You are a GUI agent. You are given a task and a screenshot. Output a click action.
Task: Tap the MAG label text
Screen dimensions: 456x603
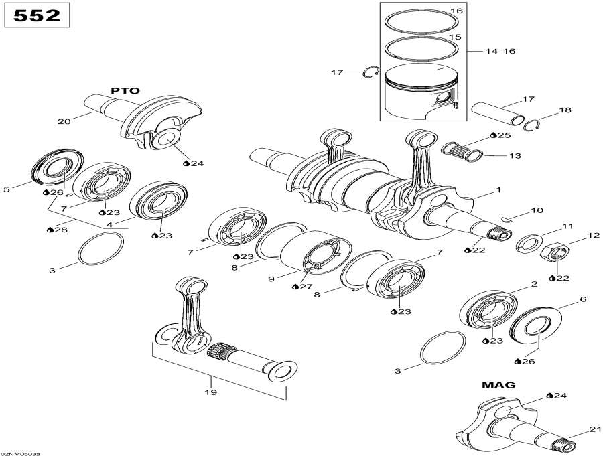[498, 385]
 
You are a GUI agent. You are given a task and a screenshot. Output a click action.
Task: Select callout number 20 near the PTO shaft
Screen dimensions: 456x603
[64, 121]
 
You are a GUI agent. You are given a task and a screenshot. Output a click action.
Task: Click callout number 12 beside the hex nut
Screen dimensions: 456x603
[594, 235]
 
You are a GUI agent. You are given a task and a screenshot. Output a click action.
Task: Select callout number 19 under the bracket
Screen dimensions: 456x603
[211, 393]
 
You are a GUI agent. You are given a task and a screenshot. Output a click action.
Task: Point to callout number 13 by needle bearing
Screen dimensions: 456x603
[515, 156]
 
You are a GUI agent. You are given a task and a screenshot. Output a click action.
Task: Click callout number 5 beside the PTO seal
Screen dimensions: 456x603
[7, 189]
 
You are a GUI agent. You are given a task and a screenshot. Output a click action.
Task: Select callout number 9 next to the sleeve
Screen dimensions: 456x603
[271, 278]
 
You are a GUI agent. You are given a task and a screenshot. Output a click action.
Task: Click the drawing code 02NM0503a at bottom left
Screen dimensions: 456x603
[20, 453]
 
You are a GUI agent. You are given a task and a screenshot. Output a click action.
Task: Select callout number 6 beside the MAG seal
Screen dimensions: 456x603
[583, 299]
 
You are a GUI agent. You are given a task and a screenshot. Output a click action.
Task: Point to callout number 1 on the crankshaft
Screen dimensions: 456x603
[498, 190]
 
